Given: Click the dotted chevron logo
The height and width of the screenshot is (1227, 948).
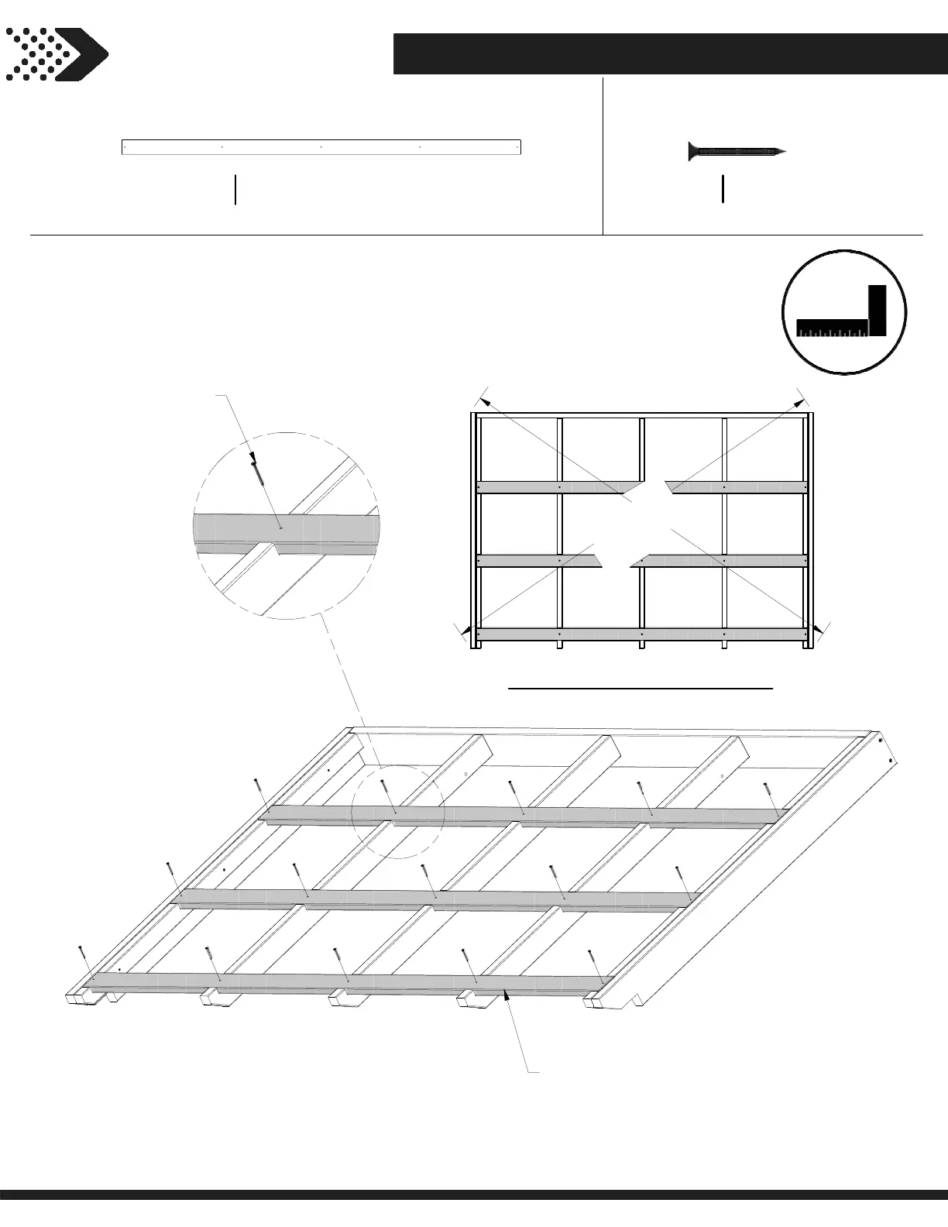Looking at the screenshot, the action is click(x=56, y=54).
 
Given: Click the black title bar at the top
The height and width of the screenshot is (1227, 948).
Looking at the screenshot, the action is click(x=670, y=54).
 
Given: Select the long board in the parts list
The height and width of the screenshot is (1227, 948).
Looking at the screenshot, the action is click(x=321, y=147).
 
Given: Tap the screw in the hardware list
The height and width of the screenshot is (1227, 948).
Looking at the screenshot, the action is click(x=737, y=152).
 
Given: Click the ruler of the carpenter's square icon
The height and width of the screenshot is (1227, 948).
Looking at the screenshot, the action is click(x=833, y=328).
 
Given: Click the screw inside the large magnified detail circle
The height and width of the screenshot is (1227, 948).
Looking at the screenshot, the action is click(x=259, y=472).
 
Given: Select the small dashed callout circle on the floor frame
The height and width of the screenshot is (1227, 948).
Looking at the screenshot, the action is click(x=397, y=812).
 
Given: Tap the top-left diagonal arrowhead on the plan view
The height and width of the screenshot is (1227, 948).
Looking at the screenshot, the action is click(x=485, y=401).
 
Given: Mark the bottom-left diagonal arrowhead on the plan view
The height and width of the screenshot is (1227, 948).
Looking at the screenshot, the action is click(x=467, y=632).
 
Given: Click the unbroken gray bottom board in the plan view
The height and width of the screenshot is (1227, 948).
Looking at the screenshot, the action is click(x=643, y=634).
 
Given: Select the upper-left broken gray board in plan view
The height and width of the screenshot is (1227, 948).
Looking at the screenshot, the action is click(x=558, y=487).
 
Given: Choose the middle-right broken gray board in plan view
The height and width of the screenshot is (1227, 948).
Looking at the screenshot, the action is click(x=720, y=560).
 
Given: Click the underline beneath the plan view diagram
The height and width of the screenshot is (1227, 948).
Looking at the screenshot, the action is click(x=641, y=687).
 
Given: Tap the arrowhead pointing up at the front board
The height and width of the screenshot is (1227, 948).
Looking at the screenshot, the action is click(x=507, y=997).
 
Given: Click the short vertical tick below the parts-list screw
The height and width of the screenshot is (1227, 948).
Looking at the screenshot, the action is click(x=723, y=189).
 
